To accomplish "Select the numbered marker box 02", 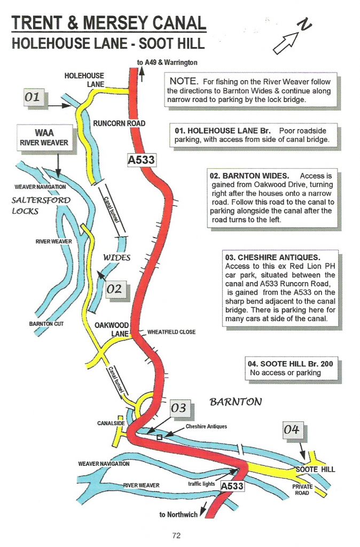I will [114, 289].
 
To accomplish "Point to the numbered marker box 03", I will [178, 408].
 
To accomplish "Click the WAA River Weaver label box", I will [44, 137].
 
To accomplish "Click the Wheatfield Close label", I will [171, 332].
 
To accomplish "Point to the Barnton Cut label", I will [46, 324].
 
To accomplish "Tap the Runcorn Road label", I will [119, 123].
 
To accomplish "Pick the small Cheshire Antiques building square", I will [159, 437].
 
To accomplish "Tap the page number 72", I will [177, 534].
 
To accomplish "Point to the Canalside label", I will [111, 424].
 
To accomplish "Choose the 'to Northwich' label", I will [178, 514].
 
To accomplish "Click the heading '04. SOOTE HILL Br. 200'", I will [291, 364].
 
